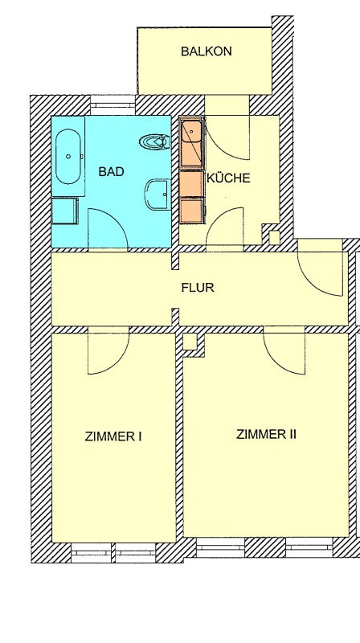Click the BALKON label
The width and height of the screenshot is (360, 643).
(x=207, y=51)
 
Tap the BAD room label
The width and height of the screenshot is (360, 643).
(x=111, y=171)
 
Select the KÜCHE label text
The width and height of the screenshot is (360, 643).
(x=228, y=178)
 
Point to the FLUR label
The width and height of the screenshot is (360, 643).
(x=198, y=288)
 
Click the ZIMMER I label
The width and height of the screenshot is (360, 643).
(x=113, y=436)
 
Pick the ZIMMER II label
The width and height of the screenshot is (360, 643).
(x=266, y=434)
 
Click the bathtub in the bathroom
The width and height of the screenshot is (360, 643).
(x=68, y=157)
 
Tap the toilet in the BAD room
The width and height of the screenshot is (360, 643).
(x=155, y=142)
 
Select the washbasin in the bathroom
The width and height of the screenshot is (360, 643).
(x=157, y=195)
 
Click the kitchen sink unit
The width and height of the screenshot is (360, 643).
(x=192, y=142)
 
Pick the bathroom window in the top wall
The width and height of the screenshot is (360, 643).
(x=112, y=106)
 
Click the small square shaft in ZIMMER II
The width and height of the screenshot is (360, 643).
(x=190, y=342)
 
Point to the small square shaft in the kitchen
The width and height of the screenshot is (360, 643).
(x=273, y=237)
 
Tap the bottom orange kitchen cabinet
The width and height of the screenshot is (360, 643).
(x=192, y=210)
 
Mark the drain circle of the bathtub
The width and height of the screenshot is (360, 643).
(x=68, y=156)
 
